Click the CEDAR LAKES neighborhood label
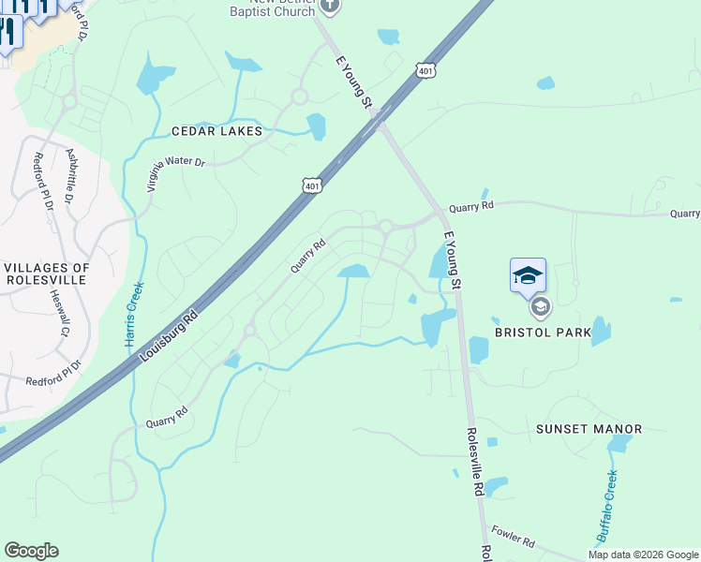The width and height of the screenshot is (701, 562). click(216, 131)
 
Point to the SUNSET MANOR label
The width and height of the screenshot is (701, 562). click(589, 429)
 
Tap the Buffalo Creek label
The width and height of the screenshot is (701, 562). click(606, 506)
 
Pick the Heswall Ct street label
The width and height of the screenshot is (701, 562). click(59, 312)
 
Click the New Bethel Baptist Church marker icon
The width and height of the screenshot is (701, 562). click(329, 7)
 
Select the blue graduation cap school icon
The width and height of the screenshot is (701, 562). click(528, 274)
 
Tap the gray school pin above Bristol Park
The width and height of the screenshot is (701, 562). click(540, 306)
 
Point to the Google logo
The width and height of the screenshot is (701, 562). click(31, 551)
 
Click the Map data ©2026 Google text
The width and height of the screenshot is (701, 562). click(642, 555)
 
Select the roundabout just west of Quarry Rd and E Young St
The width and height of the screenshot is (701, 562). click(385, 226)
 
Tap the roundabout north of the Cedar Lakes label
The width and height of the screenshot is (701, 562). click(300, 96)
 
